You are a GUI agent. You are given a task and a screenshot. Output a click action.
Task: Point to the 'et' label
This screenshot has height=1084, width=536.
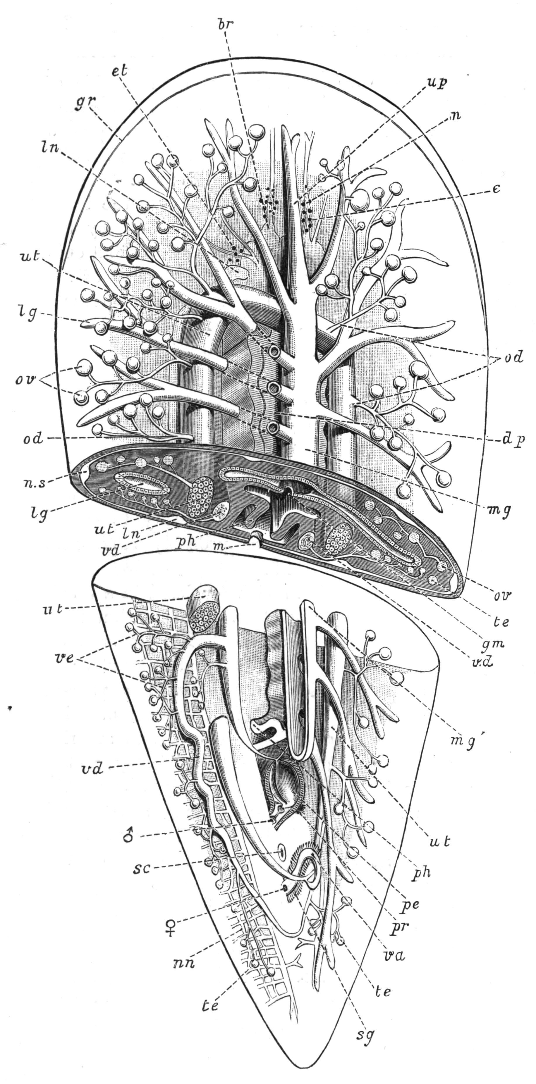(119, 70)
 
